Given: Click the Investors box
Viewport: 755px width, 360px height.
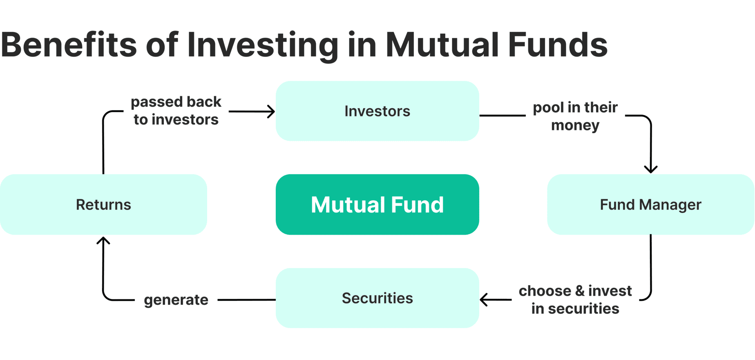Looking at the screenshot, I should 377,111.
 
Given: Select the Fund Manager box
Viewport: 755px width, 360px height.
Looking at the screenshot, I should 650,204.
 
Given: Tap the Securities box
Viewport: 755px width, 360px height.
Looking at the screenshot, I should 377,298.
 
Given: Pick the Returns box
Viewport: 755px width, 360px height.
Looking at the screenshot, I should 103,204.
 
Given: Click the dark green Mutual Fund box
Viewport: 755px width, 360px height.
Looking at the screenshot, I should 377,204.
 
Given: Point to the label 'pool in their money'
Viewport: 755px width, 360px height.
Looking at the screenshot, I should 575,116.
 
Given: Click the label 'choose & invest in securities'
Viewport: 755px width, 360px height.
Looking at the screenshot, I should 575,300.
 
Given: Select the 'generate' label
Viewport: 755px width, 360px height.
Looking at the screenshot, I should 176,300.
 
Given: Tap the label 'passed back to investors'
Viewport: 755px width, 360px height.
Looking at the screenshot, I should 176,110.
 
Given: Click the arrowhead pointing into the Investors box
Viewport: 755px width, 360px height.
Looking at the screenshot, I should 271,111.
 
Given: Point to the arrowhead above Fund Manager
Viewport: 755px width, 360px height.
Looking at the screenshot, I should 651,169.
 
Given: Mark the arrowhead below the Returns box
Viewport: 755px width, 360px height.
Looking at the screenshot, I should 103,241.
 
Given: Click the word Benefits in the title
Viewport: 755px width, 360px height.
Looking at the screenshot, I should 69,45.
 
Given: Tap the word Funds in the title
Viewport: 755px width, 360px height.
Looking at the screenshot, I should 558,45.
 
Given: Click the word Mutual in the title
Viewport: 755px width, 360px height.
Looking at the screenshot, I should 442,45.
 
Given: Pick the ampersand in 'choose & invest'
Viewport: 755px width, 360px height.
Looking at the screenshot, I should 580,291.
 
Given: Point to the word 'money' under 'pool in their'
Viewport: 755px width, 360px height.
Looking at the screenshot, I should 575,125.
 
